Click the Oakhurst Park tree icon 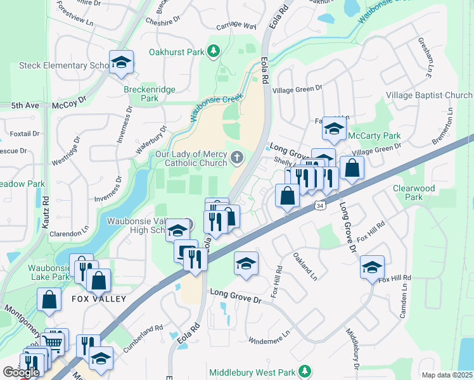214,51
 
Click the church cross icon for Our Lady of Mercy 236,156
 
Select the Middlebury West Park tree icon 305,370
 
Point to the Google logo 21,372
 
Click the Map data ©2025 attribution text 446,375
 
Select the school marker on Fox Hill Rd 372,267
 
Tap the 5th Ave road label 25,105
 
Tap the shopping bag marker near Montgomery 49,300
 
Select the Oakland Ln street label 305,266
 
